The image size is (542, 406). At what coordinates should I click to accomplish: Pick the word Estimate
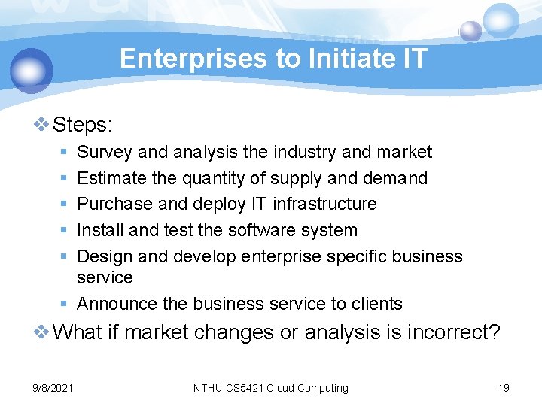coord(111,178)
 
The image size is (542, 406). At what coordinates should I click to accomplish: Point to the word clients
coord(376,304)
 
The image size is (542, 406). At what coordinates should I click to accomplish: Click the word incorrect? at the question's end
coord(453,332)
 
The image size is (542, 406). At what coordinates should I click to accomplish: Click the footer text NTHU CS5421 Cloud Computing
coord(271,388)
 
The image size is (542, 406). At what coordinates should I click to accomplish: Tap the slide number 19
coord(504,388)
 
